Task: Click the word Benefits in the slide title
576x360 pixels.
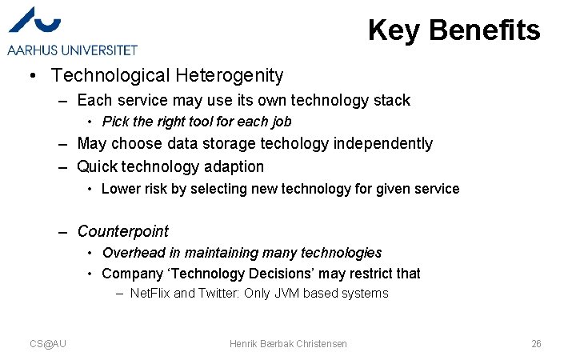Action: pyautogui.click(x=485, y=30)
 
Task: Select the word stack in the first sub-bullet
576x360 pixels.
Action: pyautogui.click(x=391, y=100)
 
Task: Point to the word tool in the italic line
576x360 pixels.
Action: pyautogui.click(x=202, y=122)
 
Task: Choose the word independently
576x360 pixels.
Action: pyautogui.click(x=383, y=143)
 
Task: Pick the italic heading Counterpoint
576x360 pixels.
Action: pyautogui.click(x=122, y=231)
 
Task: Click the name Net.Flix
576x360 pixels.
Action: pyautogui.click(x=150, y=294)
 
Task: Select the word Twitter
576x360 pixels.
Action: pyautogui.click(x=216, y=294)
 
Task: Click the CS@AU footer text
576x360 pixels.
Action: pyautogui.click(x=48, y=343)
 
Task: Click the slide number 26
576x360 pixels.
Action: pyautogui.click(x=536, y=343)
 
